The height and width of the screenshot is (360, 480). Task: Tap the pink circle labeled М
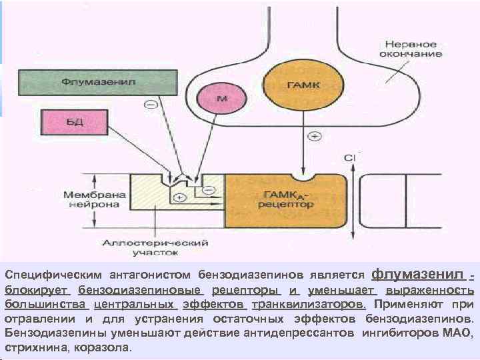coord(222,99)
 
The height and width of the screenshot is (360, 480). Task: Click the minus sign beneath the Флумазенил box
coord(151,105)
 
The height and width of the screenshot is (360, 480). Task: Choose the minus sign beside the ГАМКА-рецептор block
coord(209,190)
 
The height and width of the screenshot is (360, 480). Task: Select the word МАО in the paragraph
coord(459,333)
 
